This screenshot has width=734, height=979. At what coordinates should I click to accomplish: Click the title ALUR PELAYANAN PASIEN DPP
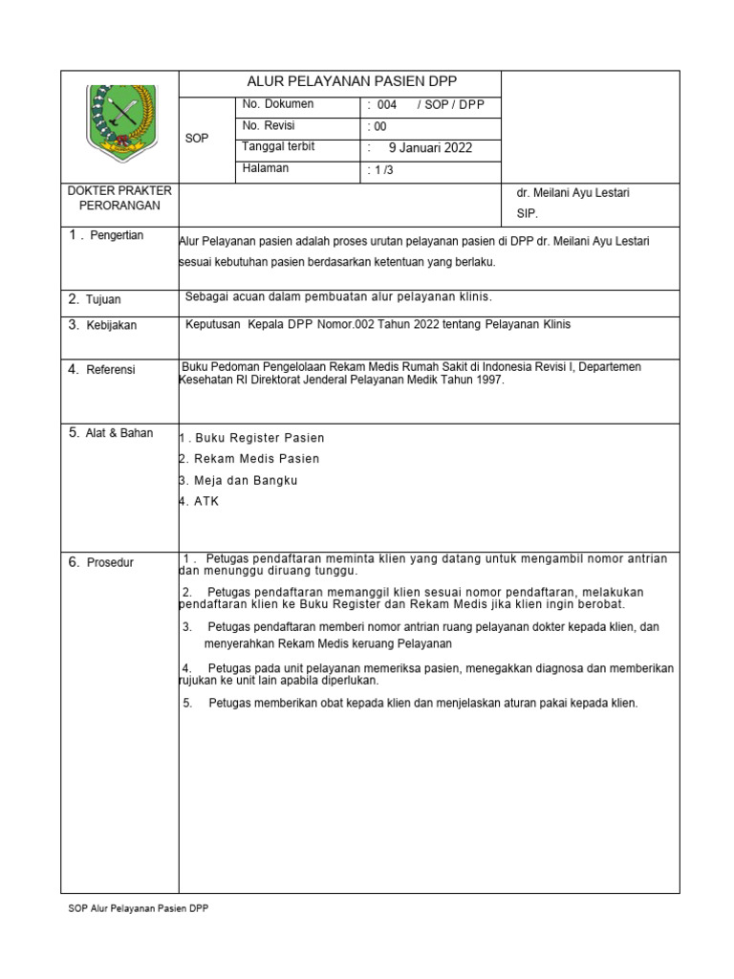339,82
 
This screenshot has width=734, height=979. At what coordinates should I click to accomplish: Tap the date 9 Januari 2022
429,148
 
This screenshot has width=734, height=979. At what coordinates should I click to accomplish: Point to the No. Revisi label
270,126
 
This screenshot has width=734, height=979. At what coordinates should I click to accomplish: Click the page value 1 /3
379,170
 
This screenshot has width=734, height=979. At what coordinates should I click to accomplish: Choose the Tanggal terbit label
278,147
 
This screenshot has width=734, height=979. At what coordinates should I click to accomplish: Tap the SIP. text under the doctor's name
528,214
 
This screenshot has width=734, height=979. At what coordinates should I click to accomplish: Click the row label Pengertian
116,236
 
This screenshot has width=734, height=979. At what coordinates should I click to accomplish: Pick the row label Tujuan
103,299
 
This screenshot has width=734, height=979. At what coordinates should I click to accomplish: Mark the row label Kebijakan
111,325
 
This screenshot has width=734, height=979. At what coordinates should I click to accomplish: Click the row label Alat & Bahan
119,433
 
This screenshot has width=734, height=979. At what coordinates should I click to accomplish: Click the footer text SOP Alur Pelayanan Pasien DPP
133,908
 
